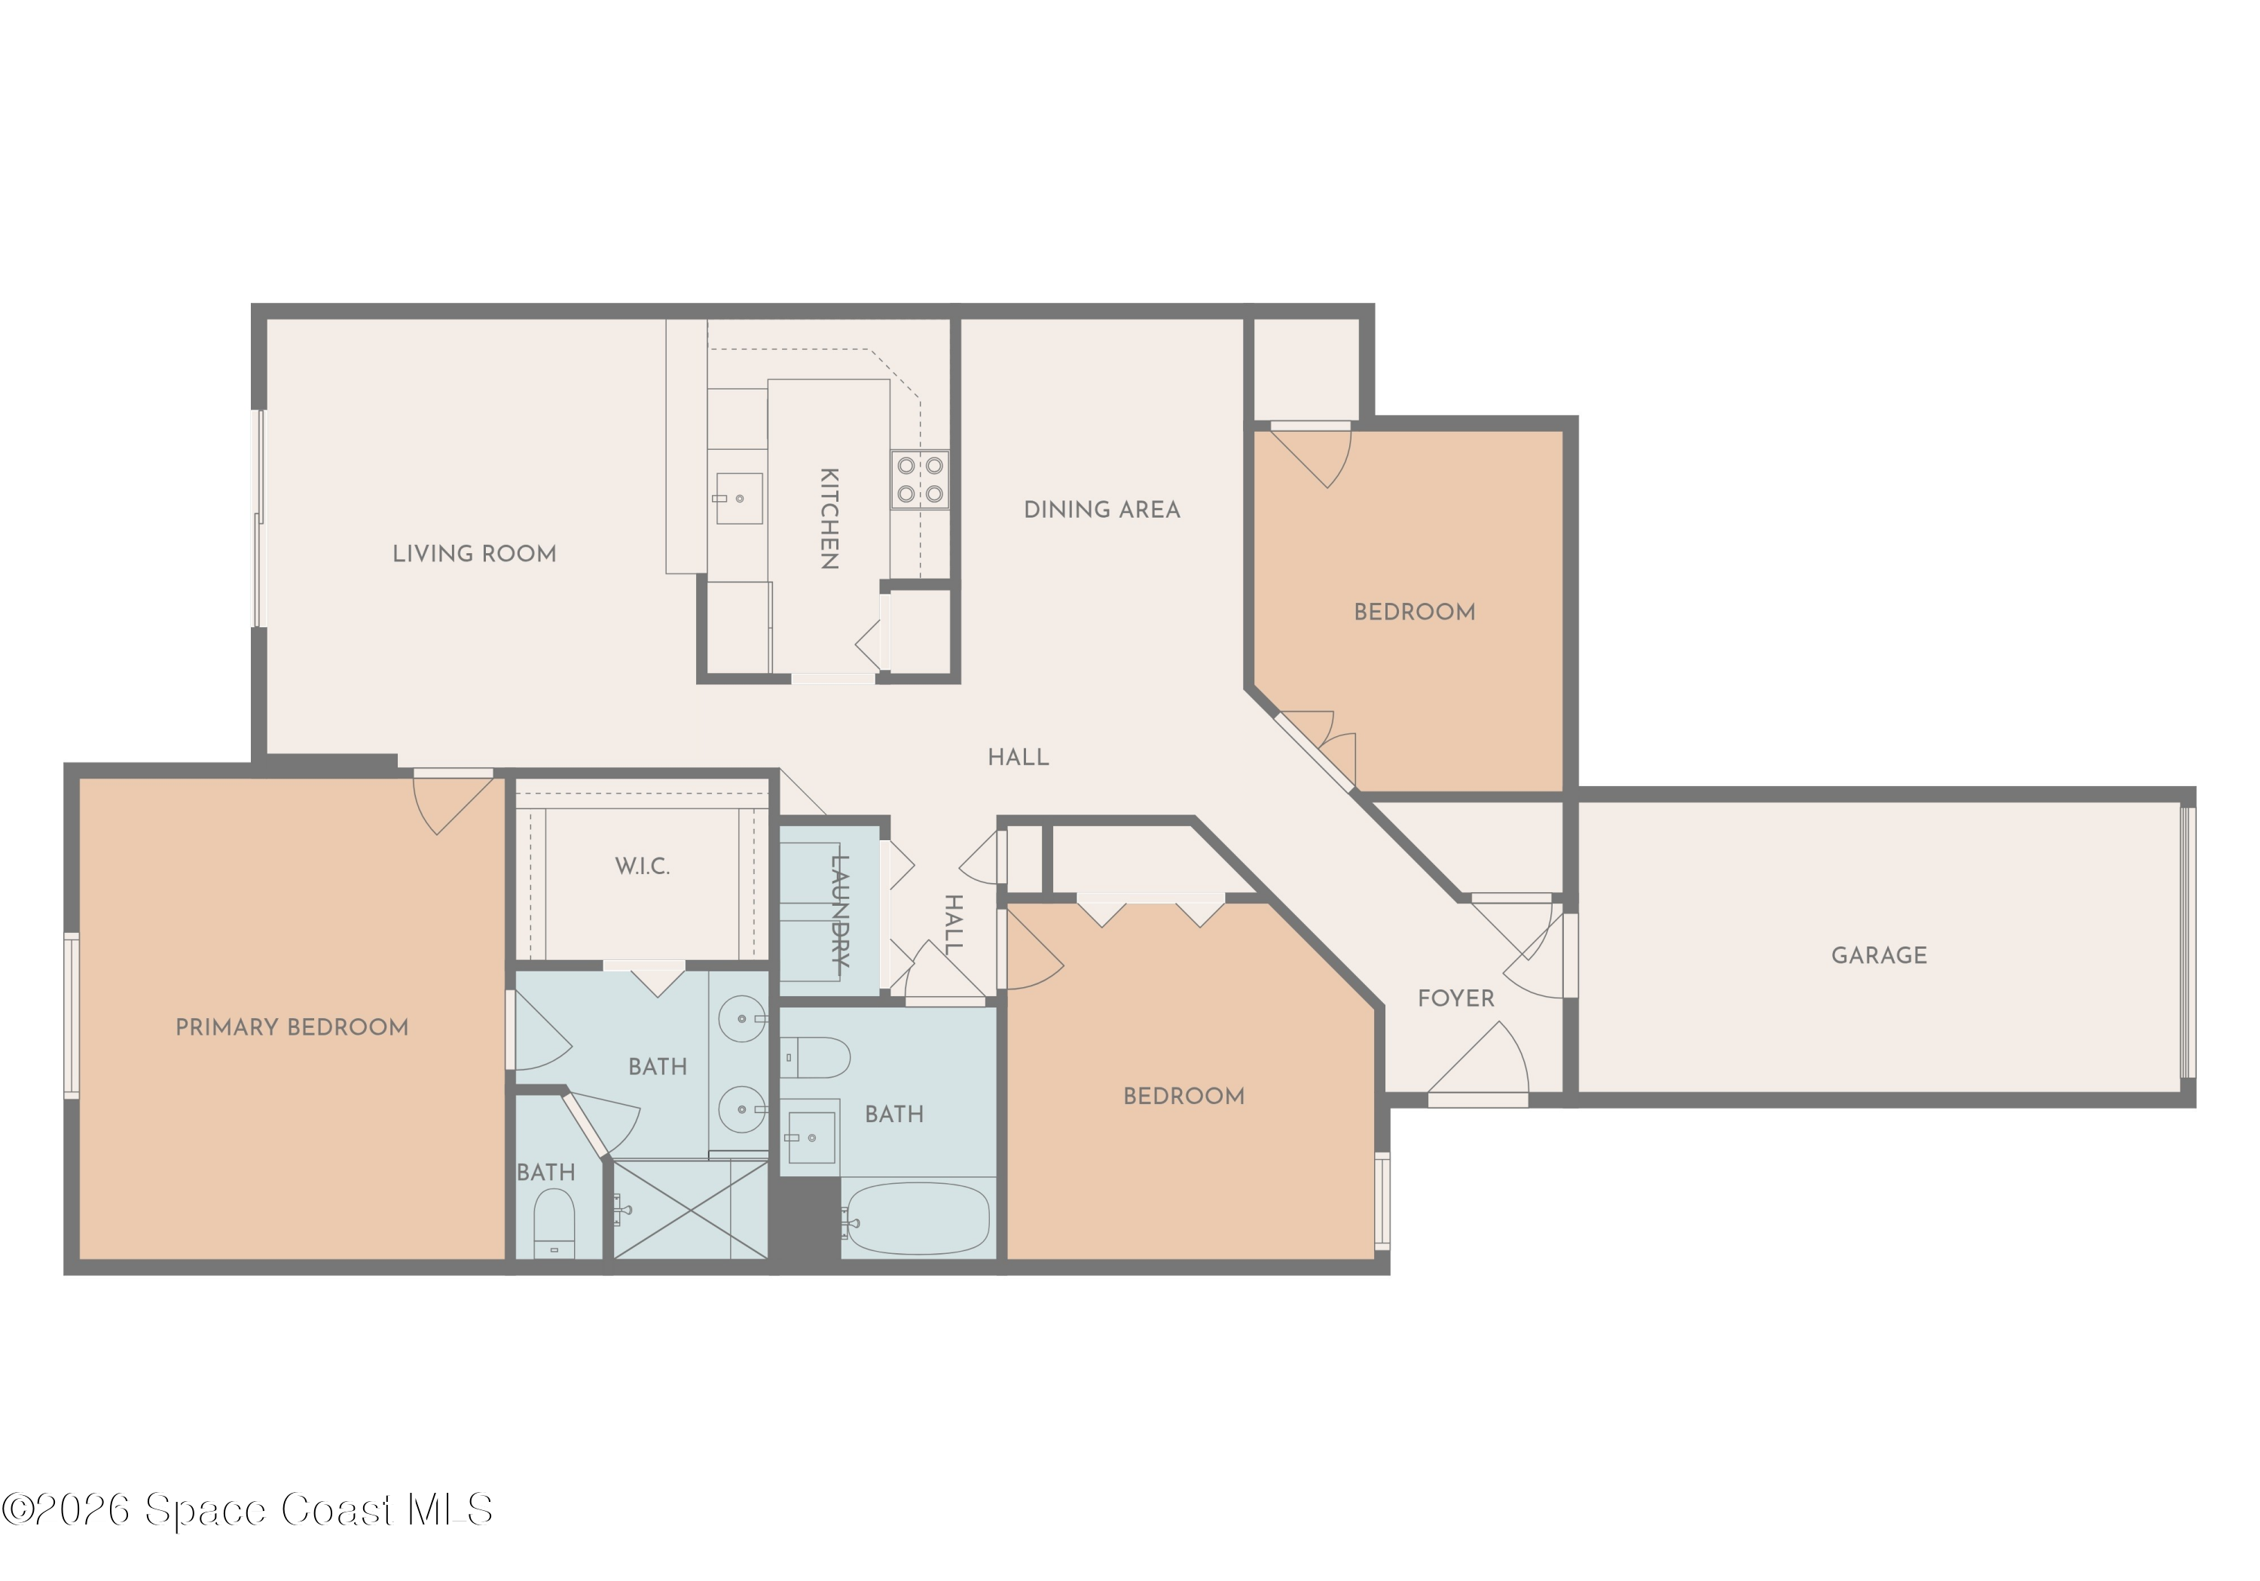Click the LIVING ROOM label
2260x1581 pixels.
tap(475, 554)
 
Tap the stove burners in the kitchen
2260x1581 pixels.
tap(919, 479)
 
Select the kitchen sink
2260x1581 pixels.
tap(738, 498)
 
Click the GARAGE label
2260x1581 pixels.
tap(1878, 955)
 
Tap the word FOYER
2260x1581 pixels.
tap(1455, 998)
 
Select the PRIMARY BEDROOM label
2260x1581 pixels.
tap(292, 1028)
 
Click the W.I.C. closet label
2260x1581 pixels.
tap(642, 867)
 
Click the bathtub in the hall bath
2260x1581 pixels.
tap(918, 1218)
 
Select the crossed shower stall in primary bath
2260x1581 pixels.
tap(690, 1209)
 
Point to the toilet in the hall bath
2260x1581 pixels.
tap(817, 1058)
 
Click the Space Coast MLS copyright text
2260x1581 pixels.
tap(247, 1509)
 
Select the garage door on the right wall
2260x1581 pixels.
tap(2186, 942)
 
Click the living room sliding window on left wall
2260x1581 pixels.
tap(259, 518)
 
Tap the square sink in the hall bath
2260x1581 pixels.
tap(811, 1137)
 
